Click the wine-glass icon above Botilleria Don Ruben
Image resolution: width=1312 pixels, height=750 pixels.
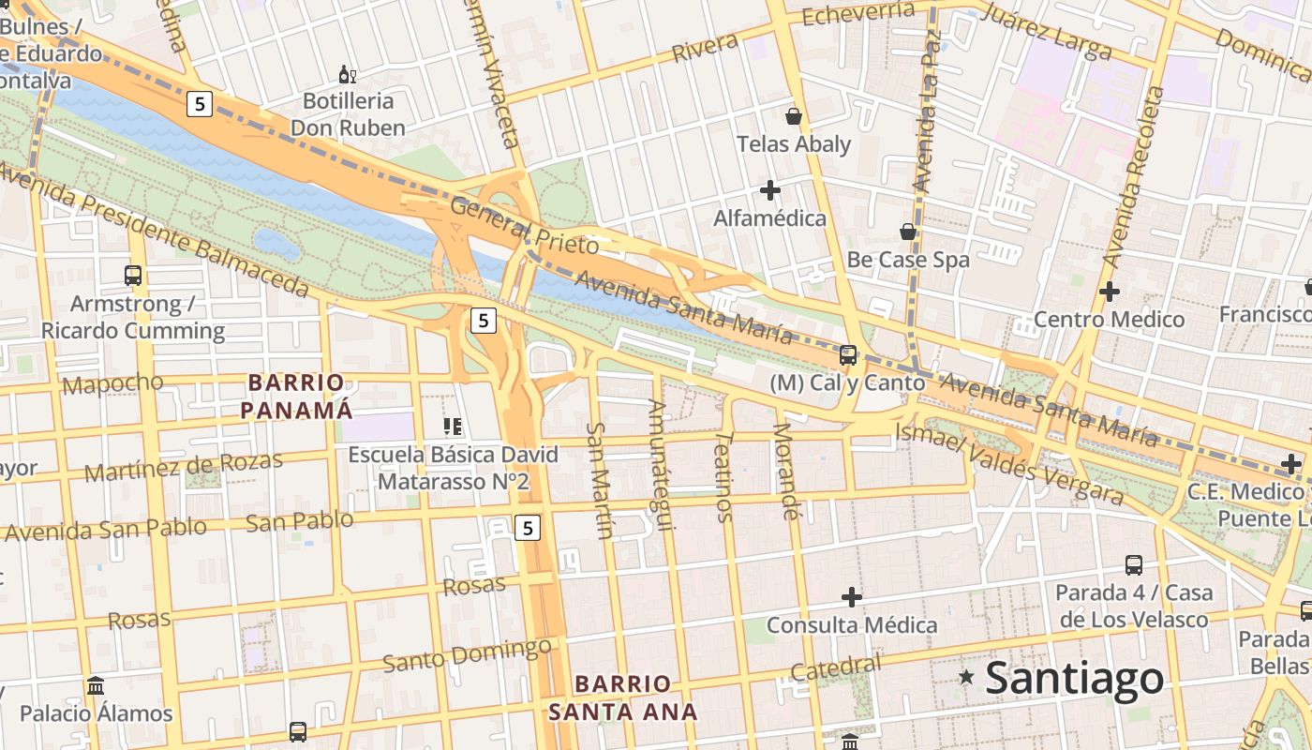click(347, 74)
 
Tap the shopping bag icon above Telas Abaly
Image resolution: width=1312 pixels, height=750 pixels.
click(794, 116)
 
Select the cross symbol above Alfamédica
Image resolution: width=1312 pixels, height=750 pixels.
click(770, 191)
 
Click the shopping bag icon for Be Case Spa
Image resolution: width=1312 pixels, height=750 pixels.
click(907, 232)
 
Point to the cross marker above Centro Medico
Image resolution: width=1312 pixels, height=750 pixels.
click(1110, 292)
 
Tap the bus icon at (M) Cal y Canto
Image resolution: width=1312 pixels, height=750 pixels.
click(848, 354)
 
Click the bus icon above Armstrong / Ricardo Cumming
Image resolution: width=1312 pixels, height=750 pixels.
click(133, 276)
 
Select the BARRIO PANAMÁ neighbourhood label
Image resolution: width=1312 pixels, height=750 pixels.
click(297, 396)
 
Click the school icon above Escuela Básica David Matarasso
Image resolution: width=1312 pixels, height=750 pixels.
click(453, 427)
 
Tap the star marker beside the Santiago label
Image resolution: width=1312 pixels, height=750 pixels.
click(966, 676)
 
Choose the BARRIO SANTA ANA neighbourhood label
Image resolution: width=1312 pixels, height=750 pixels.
click(623, 697)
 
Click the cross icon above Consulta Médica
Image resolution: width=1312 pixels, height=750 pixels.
click(851, 596)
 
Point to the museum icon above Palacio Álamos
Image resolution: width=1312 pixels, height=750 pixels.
click(96, 685)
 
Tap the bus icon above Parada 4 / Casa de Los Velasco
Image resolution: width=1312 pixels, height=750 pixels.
click(1133, 565)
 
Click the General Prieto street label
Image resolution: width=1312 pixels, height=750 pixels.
click(524, 226)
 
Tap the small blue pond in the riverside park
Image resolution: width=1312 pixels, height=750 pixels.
click(277, 244)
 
